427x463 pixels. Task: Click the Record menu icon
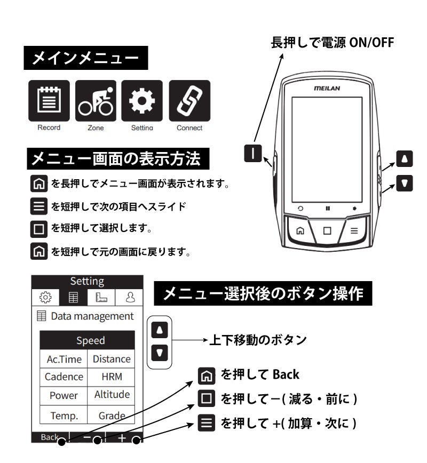click(x=49, y=100)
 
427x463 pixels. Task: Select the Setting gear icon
click(x=142, y=100)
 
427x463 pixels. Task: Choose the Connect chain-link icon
click(x=189, y=100)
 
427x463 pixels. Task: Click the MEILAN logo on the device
click(x=327, y=89)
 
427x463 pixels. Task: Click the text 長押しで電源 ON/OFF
click(x=332, y=43)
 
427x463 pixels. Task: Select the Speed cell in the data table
click(x=90, y=340)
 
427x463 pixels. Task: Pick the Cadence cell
click(x=64, y=377)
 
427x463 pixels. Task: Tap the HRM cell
click(x=112, y=377)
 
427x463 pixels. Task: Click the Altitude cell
click(x=112, y=395)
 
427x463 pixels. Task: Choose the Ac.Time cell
click(x=64, y=359)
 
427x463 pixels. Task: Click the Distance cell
click(x=112, y=359)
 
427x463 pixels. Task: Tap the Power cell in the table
click(x=64, y=395)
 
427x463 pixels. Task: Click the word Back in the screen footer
click(x=50, y=437)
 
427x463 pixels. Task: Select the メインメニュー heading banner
click(x=85, y=58)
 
